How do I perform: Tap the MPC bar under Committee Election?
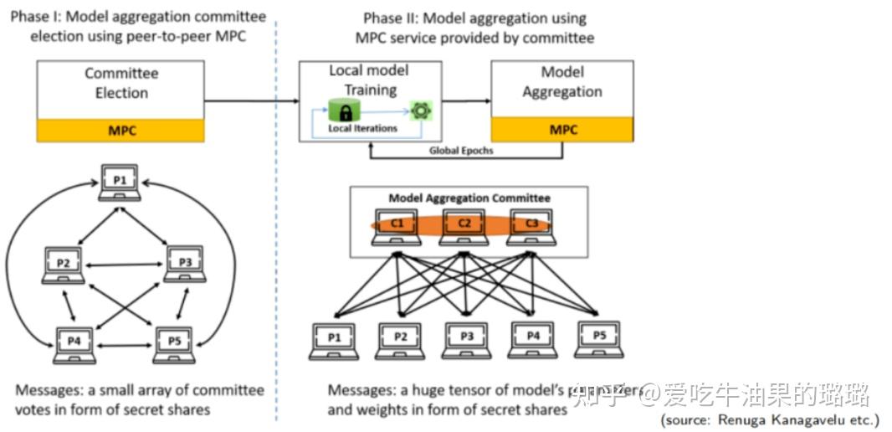[121, 131]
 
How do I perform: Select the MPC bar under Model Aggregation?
[562, 131]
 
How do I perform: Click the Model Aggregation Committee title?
[469, 198]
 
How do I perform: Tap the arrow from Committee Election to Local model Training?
[251, 101]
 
